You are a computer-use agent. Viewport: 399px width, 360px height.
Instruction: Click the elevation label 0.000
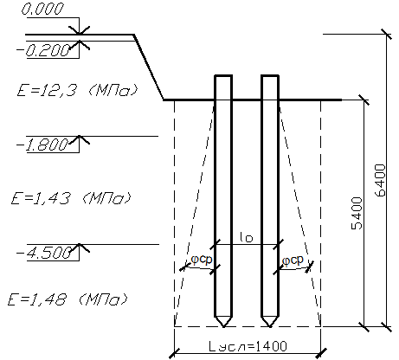[x=42, y=10]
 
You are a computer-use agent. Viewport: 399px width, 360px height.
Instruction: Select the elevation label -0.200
[x=43, y=51]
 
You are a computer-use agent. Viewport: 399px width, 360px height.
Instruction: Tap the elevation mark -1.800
[x=42, y=145]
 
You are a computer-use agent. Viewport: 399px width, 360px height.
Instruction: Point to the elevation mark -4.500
[x=44, y=254]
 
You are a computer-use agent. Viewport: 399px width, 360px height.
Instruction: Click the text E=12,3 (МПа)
[x=77, y=91]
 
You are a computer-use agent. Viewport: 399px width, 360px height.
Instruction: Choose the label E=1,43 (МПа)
[x=71, y=198]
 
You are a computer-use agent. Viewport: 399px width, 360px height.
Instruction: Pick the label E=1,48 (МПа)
[x=68, y=299]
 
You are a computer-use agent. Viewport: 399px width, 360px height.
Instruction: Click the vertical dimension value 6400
[x=380, y=181]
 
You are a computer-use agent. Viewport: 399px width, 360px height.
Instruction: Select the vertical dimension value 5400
[x=357, y=214]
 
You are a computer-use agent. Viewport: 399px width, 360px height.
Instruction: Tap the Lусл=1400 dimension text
[x=248, y=346]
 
